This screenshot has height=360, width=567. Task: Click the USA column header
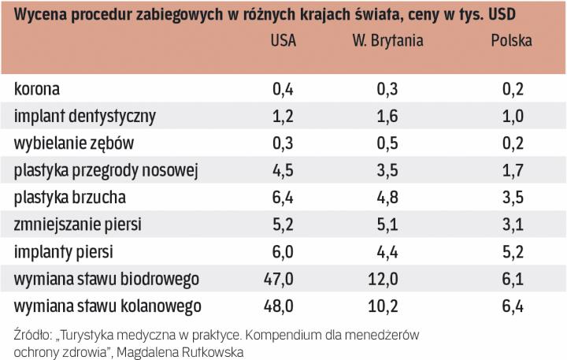coord(283,41)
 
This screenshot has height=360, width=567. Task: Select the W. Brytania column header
coord(387,41)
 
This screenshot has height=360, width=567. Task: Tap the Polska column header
coord(511,41)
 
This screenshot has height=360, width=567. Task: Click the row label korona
coord(36,89)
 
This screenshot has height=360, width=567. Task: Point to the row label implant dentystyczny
coord(84,116)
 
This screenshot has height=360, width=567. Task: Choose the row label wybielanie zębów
coord(74,143)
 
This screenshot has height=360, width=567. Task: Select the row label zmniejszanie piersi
coord(77,225)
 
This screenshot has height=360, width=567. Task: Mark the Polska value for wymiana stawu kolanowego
coord(513,305)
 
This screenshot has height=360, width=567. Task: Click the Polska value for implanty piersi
coord(513,251)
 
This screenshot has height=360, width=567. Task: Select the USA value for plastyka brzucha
coord(282,197)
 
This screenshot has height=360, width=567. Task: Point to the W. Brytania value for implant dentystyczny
coord(387,116)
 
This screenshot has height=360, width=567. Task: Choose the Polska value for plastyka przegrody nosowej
coord(513,170)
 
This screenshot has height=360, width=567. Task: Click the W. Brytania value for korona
coord(387,89)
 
